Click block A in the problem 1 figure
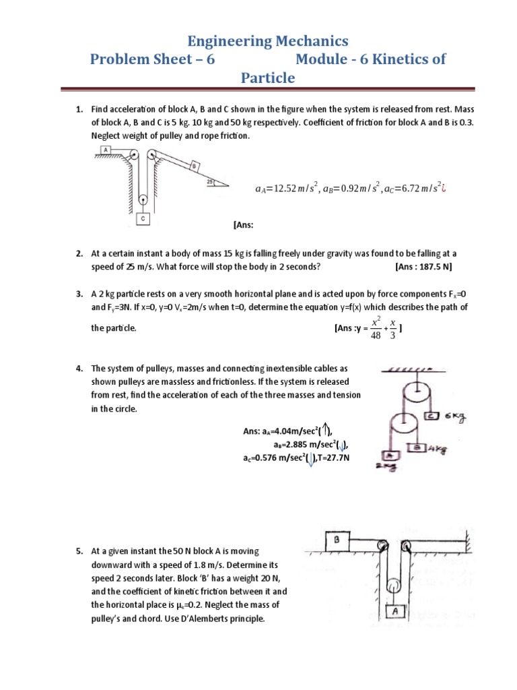tap(106, 150)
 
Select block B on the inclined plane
tap(193, 166)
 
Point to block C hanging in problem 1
tap(143, 219)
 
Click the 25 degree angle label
tap(211, 181)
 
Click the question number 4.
tap(79, 369)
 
